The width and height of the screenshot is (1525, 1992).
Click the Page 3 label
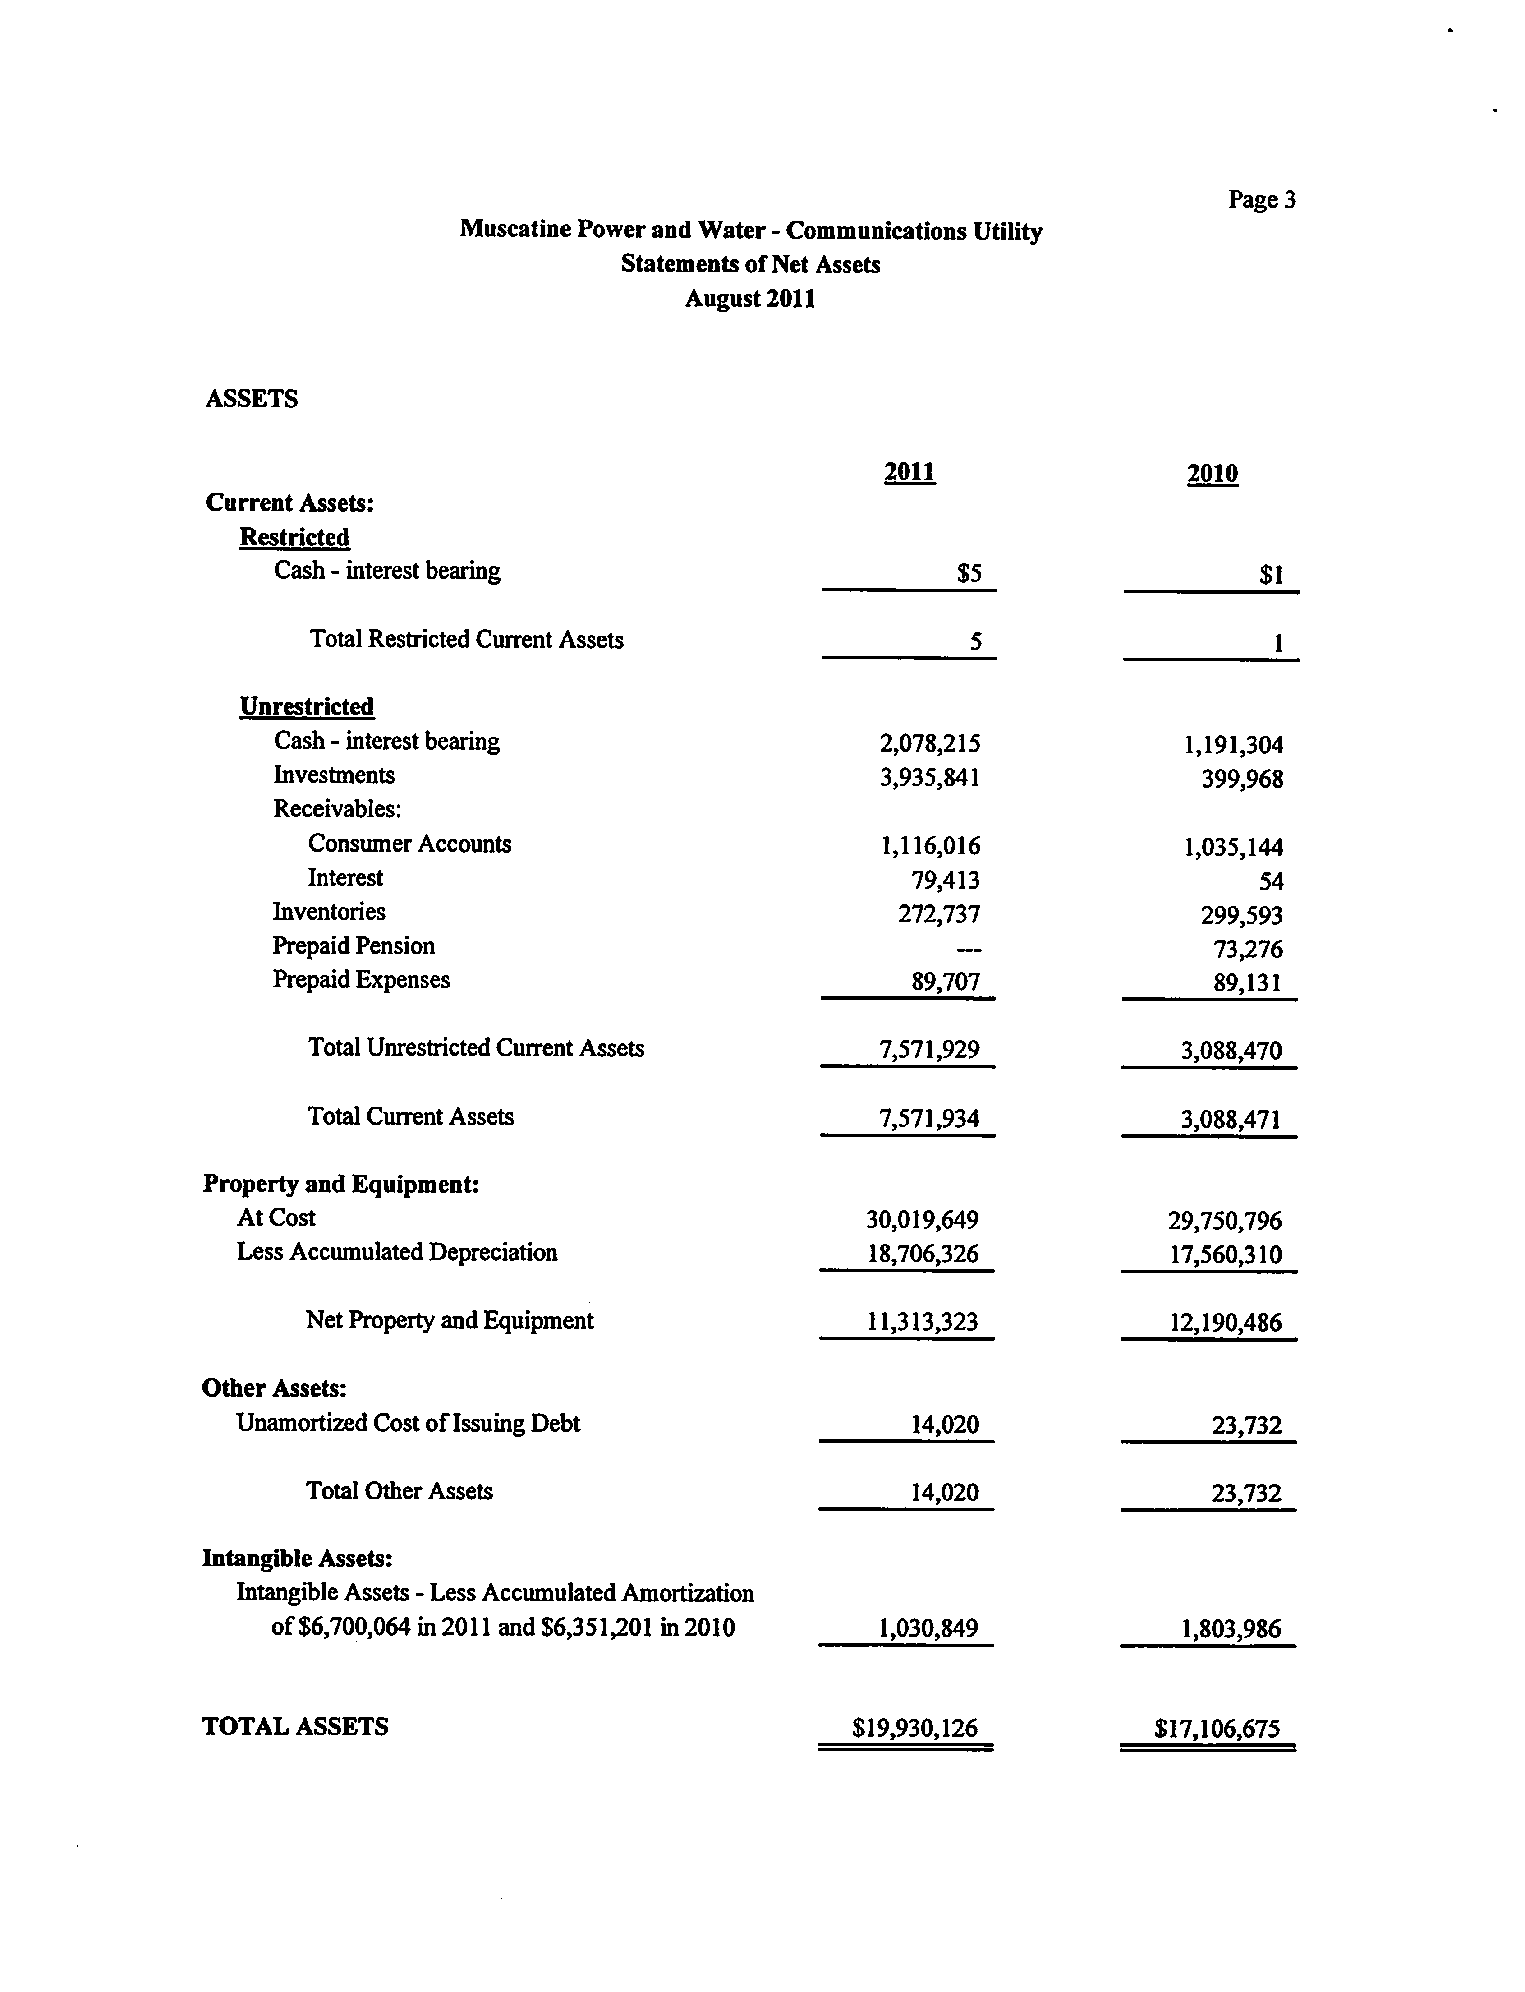click(x=1262, y=200)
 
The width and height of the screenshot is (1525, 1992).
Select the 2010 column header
click(x=1212, y=474)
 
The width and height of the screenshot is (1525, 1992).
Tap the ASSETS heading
click(x=252, y=399)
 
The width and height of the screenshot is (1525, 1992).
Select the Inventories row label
click(x=329, y=912)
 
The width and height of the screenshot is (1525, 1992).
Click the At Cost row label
click(x=276, y=1217)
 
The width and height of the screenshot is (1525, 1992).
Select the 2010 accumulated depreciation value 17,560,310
click(x=1225, y=1255)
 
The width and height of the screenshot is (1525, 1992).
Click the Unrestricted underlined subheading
click(x=307, y=706)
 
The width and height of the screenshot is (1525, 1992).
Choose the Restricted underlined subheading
click(x=294, y=538)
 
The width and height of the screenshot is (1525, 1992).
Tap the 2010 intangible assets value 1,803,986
click(x=1231, y=1629)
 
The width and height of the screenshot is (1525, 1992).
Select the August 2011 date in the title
click(x=750, y=299)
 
